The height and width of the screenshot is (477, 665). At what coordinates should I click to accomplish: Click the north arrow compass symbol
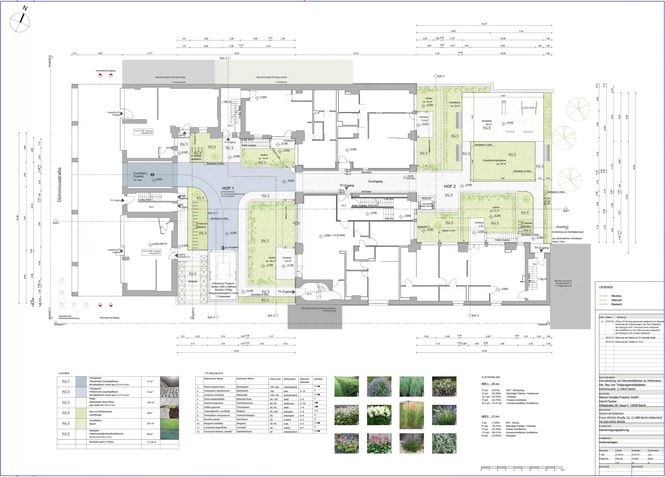pyautogui.click(x=20, y=21)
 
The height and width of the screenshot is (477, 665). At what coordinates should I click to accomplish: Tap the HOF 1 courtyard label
pyautogui.click(x=228, y=188)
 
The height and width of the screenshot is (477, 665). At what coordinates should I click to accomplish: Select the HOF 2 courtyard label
pyautogui.click(x=449, y=186)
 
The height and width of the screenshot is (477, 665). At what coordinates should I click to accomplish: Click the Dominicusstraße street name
pyautogui.click(x=59, y=184)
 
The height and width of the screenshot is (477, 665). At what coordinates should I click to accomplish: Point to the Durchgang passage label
pyautogui.click(x=375, y=182)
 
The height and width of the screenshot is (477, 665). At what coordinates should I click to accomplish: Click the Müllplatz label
pyautogui.click(x=193, y=281)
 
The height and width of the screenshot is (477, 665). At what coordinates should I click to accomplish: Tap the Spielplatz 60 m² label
pyautogui.click(x=487, y=122)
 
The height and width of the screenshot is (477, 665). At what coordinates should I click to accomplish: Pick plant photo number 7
pyautogui.click(x=411, y=415)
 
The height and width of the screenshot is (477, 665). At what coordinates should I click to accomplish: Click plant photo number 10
pyautogui.click(x=379, y=443)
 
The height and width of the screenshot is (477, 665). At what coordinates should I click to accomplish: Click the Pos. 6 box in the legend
pyautogui.click(x=66, y=434)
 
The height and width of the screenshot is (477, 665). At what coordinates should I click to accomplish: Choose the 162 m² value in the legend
pyautogui.click(x=150, y=402)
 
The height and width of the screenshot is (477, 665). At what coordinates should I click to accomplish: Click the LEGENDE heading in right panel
pyautogui.click(x=606, y=287)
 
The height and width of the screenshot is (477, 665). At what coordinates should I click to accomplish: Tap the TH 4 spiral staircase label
pyautogui.click(x=309, y=294)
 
